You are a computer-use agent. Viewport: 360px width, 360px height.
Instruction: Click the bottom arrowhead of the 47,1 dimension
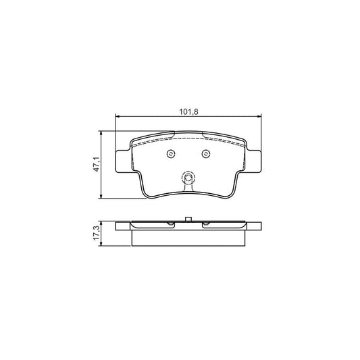tap(102, 196)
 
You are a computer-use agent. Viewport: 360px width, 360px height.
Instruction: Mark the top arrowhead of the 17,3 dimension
tap(102, 223)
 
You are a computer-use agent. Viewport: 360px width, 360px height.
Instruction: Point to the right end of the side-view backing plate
tap(259, 227)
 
